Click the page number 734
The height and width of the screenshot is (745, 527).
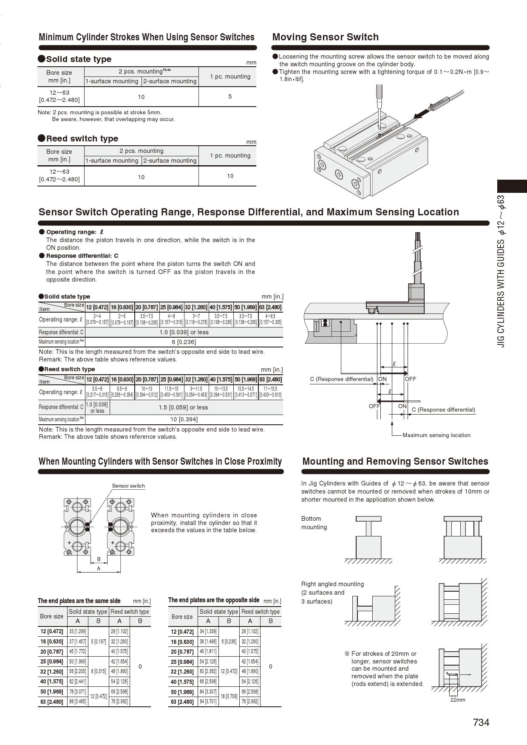pyautogui.click(x=481, y=722)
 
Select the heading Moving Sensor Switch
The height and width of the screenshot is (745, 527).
pyautogui.click(x=325, y=37)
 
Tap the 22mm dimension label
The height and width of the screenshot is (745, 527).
pyautogui.click(x=457, y=700)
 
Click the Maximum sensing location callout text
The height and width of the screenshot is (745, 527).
pyautogui.click(x=436, y=435)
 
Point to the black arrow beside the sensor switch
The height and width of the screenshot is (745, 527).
pyautogui.click(x=421, y=112)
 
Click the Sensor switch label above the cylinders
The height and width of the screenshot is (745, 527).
pyautogui.click(x=128, y=485)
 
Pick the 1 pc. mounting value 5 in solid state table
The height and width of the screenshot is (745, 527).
pyautogui.click(x=230, y=96)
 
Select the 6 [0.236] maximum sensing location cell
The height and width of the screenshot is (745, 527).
pyautogui.click(x=184, y=342)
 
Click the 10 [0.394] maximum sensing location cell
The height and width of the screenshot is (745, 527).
pyautogui.click(x=184, y=419)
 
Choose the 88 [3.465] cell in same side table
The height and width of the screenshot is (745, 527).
pyautogui.click(x=77, y=701)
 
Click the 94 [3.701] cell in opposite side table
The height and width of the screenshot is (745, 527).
pyautogui.click(x=208, y=701)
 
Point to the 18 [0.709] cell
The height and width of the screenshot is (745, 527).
pyautogui.click(x=229, y=696)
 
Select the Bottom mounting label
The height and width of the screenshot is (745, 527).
pyautogui.click(x=314, y=523)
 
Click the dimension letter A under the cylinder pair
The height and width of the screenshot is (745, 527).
pyautogui.click(x=99, y=568)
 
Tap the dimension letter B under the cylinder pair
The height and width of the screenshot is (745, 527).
pyautogui.click(x=99, y=559)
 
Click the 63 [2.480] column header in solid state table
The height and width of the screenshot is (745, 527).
pyautogui.click(x=270, y=307)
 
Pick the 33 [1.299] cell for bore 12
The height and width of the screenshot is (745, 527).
pyautogui.click(x=77, y=632)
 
